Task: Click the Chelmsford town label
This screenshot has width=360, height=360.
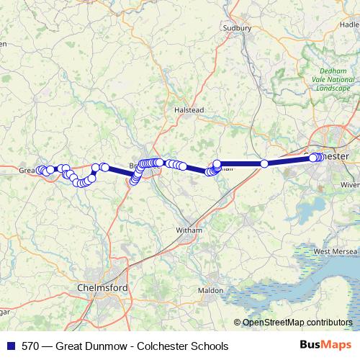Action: point(102,288)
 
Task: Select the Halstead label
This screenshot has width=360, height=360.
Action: point(190,109)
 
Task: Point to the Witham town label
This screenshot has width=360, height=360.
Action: point(189,230)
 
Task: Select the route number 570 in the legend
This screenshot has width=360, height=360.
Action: point(31,346)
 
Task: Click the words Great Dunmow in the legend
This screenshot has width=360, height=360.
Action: point(95,346)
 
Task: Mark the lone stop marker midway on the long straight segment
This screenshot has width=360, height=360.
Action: point(264,164)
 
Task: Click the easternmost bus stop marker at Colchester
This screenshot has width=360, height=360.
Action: point(320,158)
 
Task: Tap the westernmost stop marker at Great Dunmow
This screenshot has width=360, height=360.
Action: point(40,170)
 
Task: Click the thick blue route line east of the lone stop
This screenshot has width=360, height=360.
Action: point(288,161)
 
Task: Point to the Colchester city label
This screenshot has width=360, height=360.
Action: point(336,156)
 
